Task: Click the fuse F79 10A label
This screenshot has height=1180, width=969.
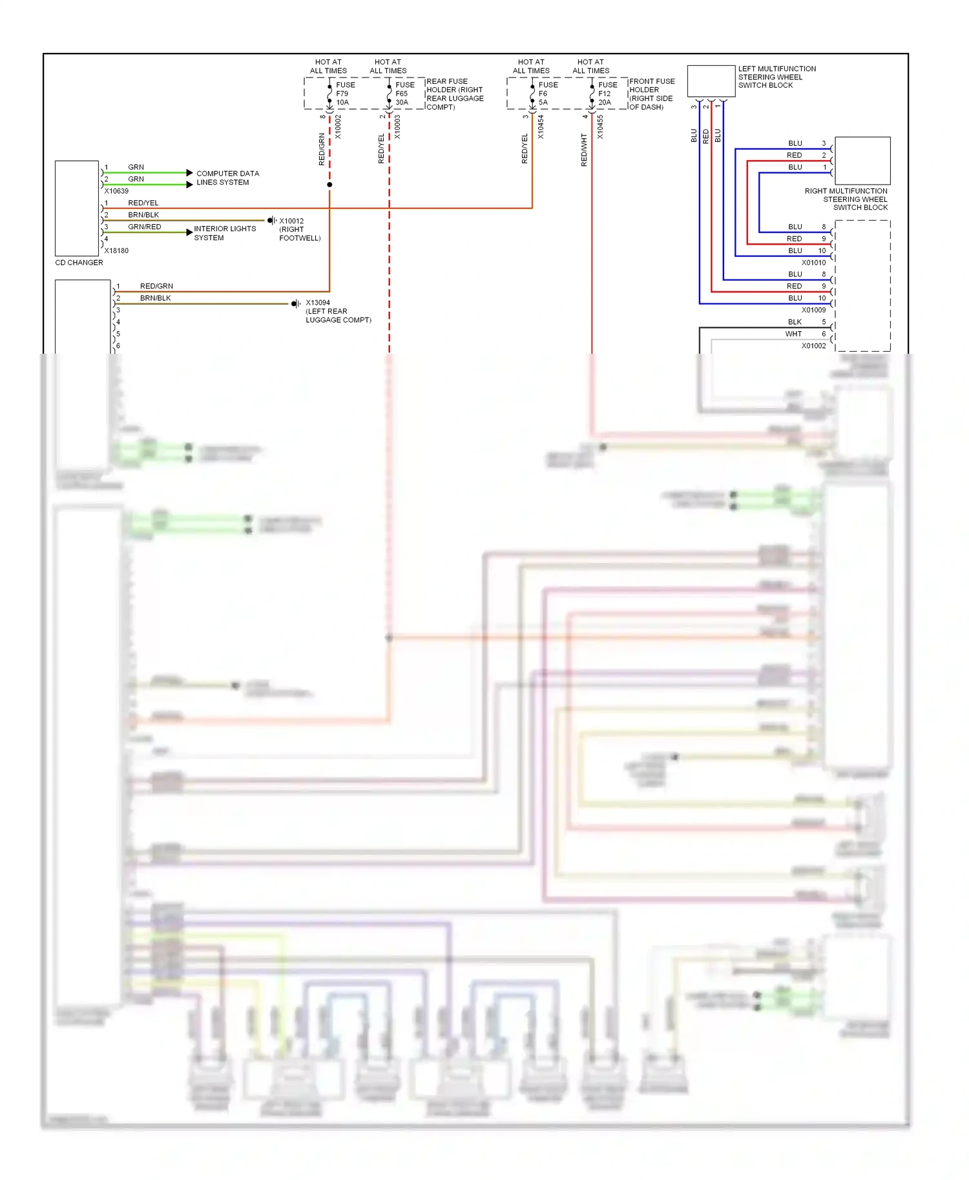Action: (344, 94)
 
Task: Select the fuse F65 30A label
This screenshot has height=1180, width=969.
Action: (404, 94)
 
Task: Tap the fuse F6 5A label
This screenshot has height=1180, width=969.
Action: (547, 94)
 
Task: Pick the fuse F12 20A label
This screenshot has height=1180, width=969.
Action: (607, 94)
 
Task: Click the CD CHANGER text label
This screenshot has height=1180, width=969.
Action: (79, 263)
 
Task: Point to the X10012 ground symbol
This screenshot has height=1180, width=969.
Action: (271, 221)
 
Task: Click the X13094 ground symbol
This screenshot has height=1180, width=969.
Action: (295, 303)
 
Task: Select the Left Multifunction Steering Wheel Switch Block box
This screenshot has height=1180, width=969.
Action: (711, 81)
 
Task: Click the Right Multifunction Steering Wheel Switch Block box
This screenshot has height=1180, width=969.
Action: (862, 161)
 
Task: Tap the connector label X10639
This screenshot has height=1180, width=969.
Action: (116, 191)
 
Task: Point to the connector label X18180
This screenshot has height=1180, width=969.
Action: (116, 251)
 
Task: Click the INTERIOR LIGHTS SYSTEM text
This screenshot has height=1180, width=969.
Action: (224, 233)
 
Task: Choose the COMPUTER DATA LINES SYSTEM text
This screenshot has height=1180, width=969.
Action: (227, 178)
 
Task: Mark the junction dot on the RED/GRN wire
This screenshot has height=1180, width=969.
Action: (329, 185)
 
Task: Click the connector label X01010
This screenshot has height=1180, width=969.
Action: (813, 263)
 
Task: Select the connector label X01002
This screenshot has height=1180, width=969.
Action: (813, 346)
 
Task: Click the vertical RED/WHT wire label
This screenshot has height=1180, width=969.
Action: (584, 150)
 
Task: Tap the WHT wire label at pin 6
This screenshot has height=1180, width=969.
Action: (793, 334)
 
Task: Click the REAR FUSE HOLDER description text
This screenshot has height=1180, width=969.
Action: (454, 94)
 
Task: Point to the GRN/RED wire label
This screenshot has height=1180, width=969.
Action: (144, 227)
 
